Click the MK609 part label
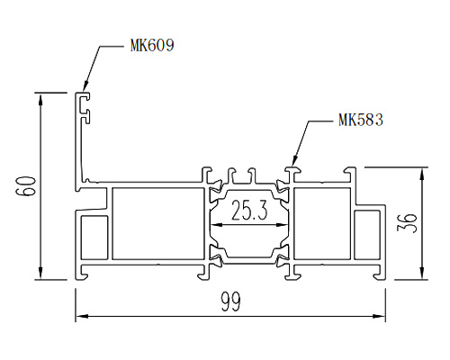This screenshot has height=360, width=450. [152, 45]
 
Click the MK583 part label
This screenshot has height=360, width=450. [361, 120]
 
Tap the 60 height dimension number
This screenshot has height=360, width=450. [25, 186]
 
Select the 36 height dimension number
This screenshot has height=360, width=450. [407, 223]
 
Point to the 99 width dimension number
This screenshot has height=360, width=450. [230, 301]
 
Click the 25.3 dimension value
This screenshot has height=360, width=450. [249, 211]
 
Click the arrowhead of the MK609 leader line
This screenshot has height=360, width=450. [85, 86]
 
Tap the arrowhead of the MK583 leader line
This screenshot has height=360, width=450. [294, 161]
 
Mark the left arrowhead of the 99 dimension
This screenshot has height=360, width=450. [80, 316]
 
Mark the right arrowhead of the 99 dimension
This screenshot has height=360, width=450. [379, 316]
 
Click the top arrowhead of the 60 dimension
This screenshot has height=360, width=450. [40, 99]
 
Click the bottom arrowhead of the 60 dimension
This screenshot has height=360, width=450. [40, 274]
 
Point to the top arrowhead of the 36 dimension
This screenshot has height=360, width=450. [422, 174]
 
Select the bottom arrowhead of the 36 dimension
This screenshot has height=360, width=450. [422, 274]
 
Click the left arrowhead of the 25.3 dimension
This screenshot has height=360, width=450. [217, 225]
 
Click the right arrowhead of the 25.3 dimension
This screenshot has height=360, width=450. [282, 225]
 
